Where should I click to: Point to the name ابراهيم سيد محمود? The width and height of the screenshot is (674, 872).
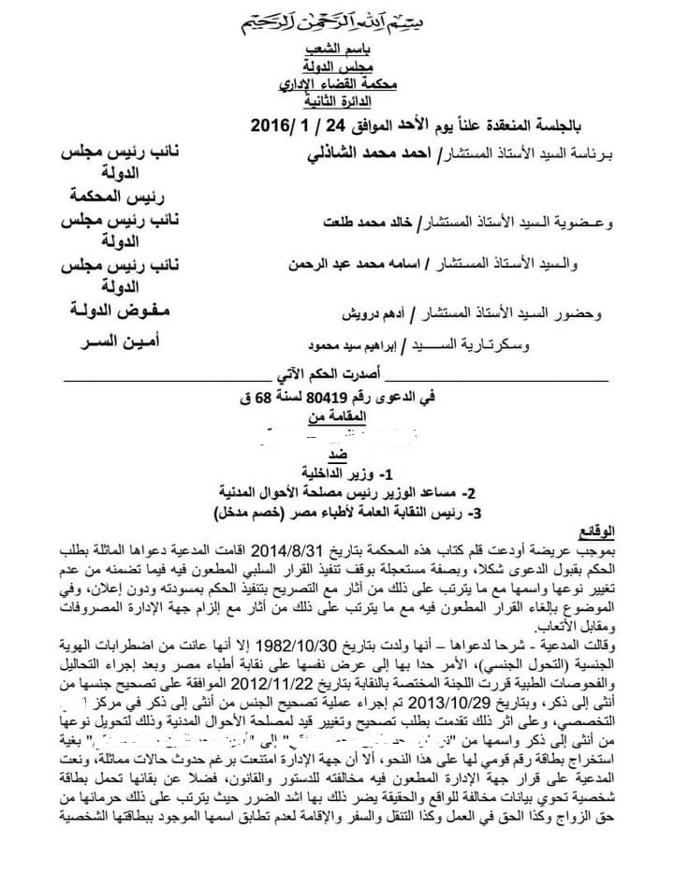[x=365, y=345]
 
